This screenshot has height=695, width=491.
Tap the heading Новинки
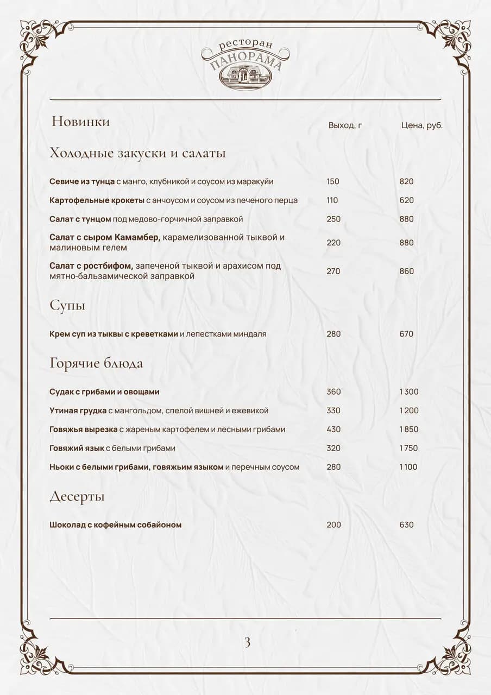(81, 122)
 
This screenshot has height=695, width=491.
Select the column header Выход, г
(345, 125)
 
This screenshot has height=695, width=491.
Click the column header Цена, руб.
(421, 125)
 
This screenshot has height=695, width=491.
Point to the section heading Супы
(67, 306)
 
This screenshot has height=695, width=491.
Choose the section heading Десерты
(77, 497)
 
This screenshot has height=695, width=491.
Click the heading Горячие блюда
(96, 363)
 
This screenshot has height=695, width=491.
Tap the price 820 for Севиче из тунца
(406, 182)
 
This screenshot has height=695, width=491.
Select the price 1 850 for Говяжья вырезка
(408, 429)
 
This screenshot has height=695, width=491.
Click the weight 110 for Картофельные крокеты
(332, 200)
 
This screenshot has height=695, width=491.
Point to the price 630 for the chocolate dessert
(406, 525)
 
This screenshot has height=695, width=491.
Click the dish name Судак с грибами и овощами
(104, 392)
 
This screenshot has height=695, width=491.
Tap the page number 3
(247, 643)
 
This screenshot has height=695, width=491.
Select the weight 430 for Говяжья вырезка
(333, 429)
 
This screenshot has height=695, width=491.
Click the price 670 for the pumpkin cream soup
(406, 334)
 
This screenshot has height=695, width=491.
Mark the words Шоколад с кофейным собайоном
(115, 525)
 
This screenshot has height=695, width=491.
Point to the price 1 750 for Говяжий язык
(408, 448)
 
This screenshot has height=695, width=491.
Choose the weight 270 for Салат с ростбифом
(333, 271)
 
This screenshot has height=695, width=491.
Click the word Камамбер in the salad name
(138, 238)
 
